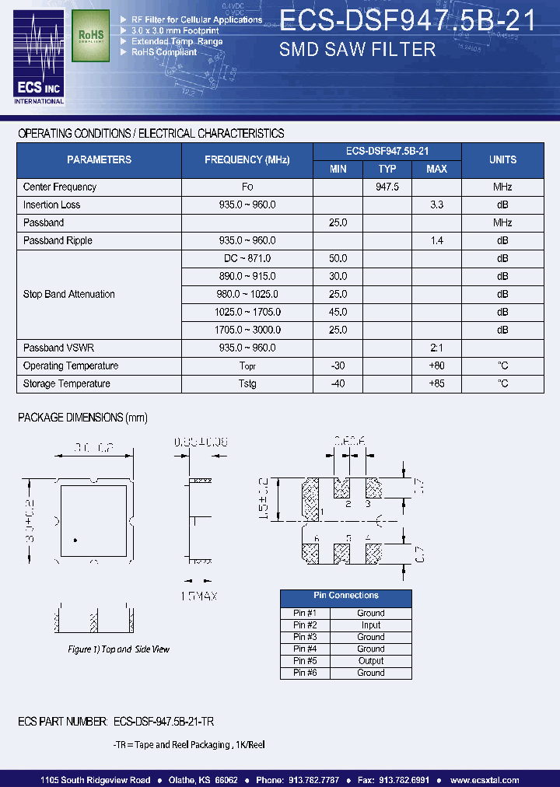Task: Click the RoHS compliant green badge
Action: point(90,36)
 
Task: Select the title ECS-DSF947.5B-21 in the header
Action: point(407,21)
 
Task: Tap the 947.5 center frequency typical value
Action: point(387,187)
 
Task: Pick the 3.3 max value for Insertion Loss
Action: point(436,205)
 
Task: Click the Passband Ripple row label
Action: point(58,240)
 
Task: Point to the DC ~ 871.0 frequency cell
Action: point(247,258)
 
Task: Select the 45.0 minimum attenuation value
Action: point(338,312)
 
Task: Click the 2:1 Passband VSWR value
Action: point(436,348)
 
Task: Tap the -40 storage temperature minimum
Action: point(338,383)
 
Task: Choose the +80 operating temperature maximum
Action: point(436,366)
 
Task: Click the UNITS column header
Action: point(502,159)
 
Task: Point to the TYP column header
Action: point(387,169)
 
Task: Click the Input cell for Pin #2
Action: point(371,625)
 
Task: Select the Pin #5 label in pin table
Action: point(305,661)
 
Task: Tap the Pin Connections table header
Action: point(346,596)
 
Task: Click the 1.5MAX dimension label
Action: point(198,596)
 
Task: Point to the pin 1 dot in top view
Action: point(75,540)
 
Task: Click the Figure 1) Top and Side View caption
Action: point(118,649)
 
